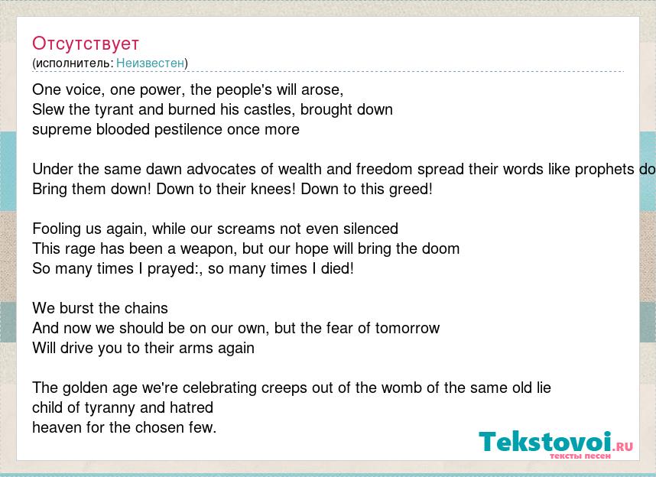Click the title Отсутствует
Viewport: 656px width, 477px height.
86,44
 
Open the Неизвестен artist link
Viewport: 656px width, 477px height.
150,63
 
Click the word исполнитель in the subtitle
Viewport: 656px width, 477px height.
72,63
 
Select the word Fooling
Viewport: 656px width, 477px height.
52,229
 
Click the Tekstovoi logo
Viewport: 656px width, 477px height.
556,443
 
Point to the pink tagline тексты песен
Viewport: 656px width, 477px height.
580,456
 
